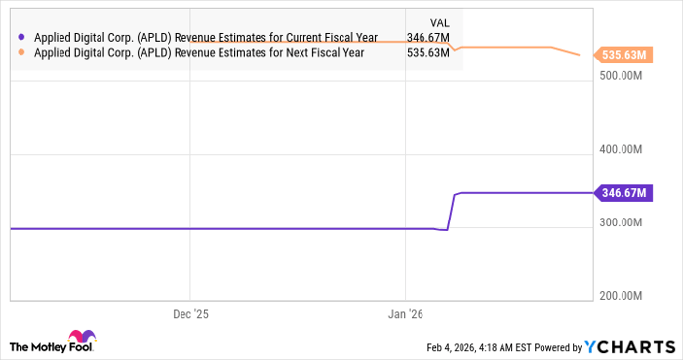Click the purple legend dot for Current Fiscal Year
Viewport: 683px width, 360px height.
[21, 38]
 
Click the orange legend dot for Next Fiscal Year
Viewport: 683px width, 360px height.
[21, 53]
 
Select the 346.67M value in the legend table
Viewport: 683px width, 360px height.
[428, 38]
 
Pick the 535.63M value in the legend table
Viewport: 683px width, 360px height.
[428, 53]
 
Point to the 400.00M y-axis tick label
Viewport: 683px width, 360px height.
[621, 149]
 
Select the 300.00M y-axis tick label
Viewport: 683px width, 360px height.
[621, 222]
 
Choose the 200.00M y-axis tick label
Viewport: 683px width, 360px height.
[621, 295]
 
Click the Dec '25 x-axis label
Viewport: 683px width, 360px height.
[190, 314]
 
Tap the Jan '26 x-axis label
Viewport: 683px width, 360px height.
[406, 314]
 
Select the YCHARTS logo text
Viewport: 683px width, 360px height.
[629, 347]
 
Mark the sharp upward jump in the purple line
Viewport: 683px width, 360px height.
[452, 211]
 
